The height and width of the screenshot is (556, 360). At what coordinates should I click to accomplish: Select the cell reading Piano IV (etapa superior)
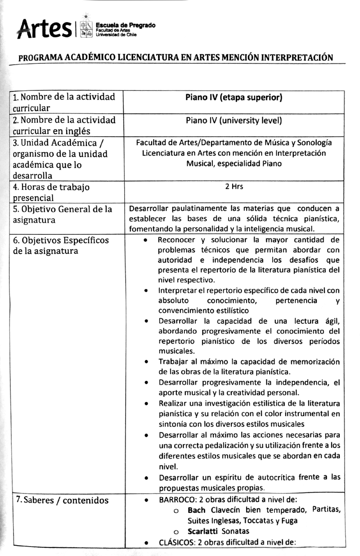pyautogui.click(x=234, y=97)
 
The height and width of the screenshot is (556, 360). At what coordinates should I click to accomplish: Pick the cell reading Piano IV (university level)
pyautogui.click(x=234, y=121)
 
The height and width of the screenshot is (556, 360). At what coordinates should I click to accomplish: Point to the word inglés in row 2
pyautogui.click(x=76, y=131)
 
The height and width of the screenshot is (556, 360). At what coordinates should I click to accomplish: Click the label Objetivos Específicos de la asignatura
pyautogui.click(x=61, y=246)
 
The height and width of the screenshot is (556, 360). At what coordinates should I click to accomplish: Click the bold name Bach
pyautogui.click(x=196, y=510)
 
